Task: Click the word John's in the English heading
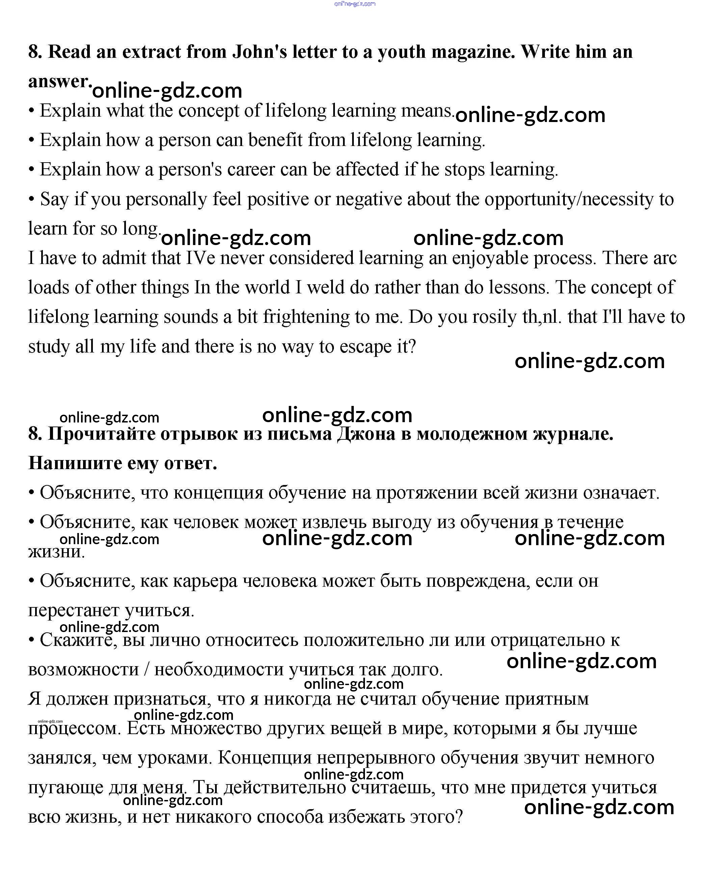click(260, 52)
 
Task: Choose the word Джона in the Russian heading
click(366, 434)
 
